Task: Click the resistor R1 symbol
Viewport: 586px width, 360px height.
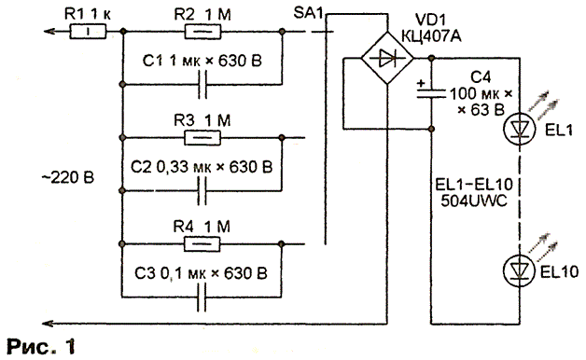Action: (x=89, y=32)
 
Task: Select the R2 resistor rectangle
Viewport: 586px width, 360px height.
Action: (x=202, y=32)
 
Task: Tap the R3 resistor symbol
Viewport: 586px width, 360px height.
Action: (x=202, y=138)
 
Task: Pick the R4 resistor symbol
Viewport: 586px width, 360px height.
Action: (x=202, y=244)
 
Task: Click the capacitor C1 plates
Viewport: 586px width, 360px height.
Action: (x=202, y=85)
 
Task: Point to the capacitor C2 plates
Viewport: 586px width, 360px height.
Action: (x=202, y=191)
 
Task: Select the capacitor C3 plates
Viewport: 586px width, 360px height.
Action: (x=202, y=298)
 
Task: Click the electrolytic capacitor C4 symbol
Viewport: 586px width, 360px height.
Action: (x=432, y=93)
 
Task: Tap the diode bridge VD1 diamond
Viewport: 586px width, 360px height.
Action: (x=387, y=58)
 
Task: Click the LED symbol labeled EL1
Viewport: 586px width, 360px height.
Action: (x=519, y=129)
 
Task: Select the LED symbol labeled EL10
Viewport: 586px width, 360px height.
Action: (x=519, y=271)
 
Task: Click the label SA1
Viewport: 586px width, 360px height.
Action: (x=308, y=14)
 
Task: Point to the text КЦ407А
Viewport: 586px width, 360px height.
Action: (x=431, y=36)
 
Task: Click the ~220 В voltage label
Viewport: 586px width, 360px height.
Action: (x=67, y=177)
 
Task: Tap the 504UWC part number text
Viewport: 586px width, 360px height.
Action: (x=474, y=201)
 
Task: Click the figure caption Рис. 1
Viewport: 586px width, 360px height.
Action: (x=41, y=347)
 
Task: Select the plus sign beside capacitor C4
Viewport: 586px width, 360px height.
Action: (x=421, y=83)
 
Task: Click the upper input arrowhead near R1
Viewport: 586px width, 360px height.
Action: (x=49, y=32)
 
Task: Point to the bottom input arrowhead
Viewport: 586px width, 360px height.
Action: (x=49, y=323)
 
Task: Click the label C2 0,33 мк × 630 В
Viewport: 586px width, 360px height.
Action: (x=202, y=167)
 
